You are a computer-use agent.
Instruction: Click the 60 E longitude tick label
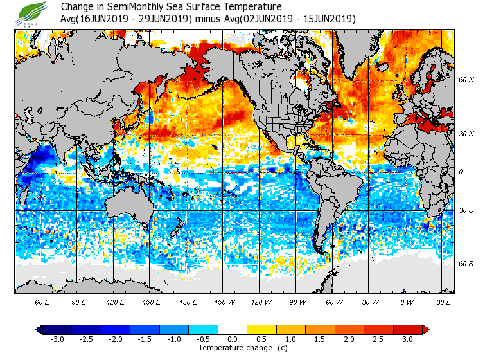tap(42, 301)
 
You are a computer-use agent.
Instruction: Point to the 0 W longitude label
tap(406, 301)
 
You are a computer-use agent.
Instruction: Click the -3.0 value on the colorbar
tap(57, 339)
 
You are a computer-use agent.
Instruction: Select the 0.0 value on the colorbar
tap(233, 339)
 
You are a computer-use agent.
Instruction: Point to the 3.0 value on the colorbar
tap(408, 339)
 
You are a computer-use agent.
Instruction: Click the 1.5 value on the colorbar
tap(321, 339)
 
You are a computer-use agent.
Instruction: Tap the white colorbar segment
tap(233, 330)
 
